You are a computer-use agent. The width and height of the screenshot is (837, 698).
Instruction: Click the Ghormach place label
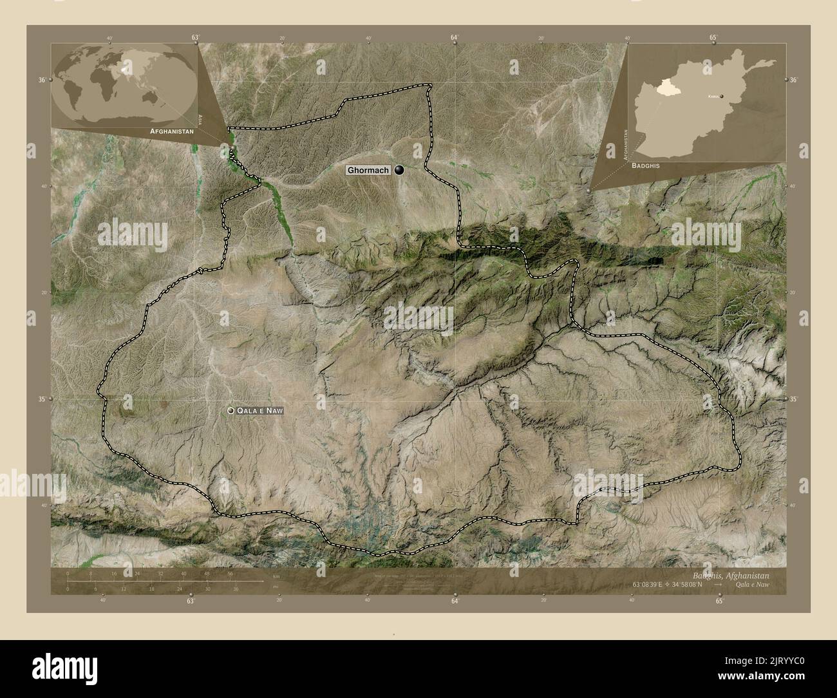tap(368, 171)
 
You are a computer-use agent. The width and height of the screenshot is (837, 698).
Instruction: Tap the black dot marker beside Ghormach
tap(400, 170)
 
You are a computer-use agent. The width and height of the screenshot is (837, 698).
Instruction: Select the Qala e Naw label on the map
tap(260, 410)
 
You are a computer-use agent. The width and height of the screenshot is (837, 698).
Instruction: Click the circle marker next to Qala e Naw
tap(230, 410)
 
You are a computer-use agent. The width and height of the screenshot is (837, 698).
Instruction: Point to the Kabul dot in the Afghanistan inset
tap(722, 96)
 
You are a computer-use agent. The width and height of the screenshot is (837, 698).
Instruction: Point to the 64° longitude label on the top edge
tap(455, 38)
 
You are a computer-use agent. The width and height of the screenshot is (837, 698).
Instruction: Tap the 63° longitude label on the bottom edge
tap(191, 601)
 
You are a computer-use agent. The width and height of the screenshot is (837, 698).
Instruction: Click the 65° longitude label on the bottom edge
tap(719, 601)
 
